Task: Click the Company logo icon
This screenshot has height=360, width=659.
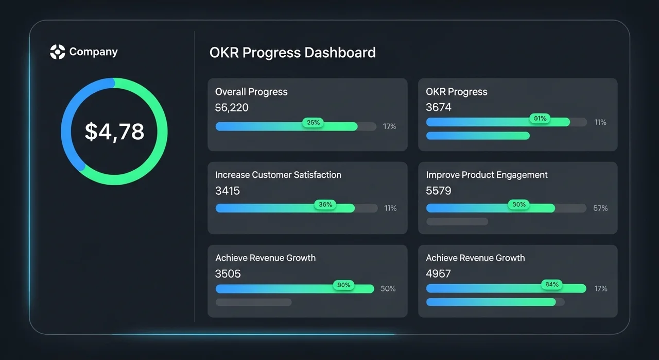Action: coord(58,52)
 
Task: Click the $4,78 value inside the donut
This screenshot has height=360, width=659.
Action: coord(114,132)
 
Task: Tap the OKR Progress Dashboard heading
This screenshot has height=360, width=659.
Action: coord(292,53)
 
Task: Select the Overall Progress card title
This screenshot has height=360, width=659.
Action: coord(251,92)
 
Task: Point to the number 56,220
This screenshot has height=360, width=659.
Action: coord(232,108)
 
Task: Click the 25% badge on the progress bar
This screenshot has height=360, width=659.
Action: coord(313,123)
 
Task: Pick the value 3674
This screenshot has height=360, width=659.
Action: coord(439,108)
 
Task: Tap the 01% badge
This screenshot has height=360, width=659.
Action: coord(540,119)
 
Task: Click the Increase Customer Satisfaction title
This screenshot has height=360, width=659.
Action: coord(278,175)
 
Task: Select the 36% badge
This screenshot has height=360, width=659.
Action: coord(325,205)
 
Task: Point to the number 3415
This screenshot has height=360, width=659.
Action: coord(228,191)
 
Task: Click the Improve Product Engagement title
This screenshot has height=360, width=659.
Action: coord(487,175)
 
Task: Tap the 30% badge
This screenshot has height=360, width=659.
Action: coord(519,205)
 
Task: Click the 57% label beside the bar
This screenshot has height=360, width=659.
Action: coord(600,208)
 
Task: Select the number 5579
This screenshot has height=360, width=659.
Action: coord(439,191)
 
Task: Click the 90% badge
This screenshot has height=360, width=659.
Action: coord(343,285)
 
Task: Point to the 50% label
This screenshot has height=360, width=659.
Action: coord(388,289)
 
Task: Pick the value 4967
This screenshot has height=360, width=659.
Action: coord(439,274)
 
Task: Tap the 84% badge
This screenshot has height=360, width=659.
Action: coord(552,285)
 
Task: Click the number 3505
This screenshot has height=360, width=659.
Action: coord(228,274)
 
